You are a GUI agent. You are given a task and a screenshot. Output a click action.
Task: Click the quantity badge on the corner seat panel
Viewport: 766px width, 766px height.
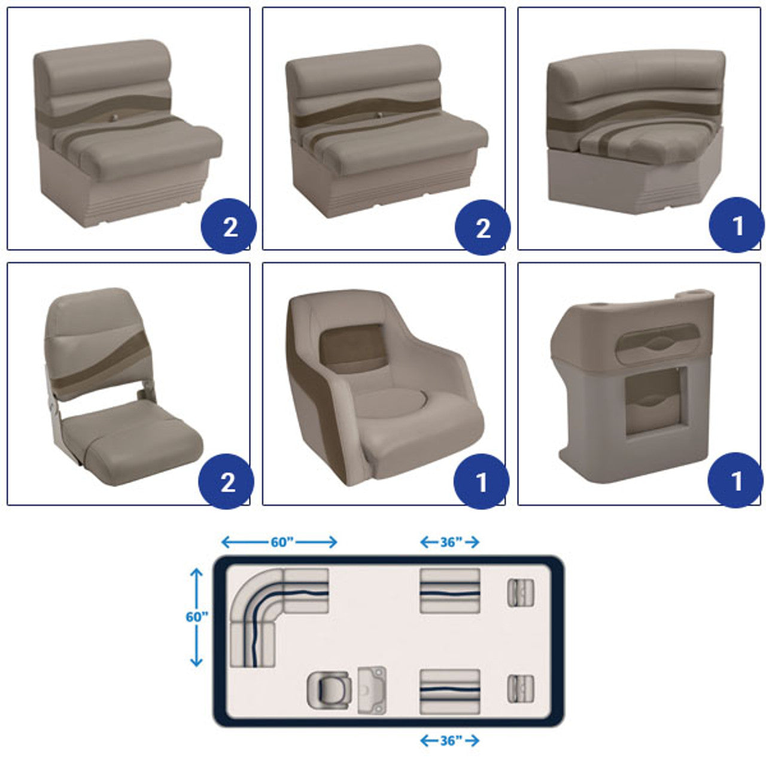click(x=736, y=225)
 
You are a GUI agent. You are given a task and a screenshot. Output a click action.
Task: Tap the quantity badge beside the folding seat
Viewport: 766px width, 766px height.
click(x=226, y=481)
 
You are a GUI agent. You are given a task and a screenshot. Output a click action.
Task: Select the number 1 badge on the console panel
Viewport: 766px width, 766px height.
click(x=735, y=480)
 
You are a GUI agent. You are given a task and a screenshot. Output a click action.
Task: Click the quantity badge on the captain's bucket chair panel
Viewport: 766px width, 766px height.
click(x=481, y=481)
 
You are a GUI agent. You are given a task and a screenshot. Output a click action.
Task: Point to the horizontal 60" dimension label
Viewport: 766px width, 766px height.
click(x=282, y=542)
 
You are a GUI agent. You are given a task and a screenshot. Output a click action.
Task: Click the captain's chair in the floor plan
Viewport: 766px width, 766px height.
click(x=329, y=690)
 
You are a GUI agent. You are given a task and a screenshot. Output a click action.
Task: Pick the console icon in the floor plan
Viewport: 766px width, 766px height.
click(x=372, y=690)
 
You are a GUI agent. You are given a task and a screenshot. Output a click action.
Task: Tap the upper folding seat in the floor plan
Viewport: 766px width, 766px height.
click(x=520, y=593)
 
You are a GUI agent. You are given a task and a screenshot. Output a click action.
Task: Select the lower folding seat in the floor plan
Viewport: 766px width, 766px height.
click(x=520, y=689)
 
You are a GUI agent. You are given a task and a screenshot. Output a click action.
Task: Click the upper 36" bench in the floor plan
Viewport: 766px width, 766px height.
click(x=450, y=591)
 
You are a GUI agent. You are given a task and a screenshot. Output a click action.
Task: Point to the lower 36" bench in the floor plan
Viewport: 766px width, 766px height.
click(x=450, y=692)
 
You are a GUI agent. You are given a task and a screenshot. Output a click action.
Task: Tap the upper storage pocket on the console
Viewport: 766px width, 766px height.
click(x=658, y=344)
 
